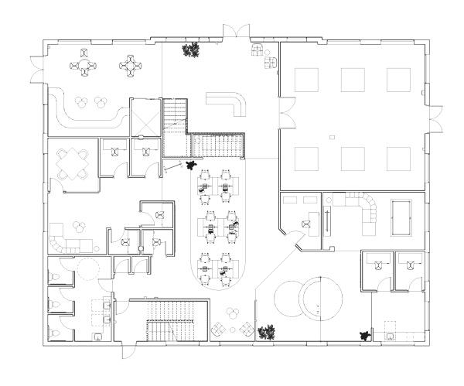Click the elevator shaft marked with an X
[x=145, y=117]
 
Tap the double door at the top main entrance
[x=234, y=32]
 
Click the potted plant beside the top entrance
[x=190, y=51]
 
